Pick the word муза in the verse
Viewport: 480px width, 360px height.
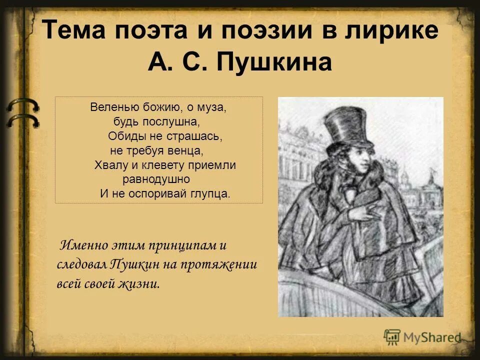click(214, 107)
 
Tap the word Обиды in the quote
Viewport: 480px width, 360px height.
click(125, 136)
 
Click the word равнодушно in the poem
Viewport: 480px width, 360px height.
click(156, 179)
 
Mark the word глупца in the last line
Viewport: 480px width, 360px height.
click(212, 193)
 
